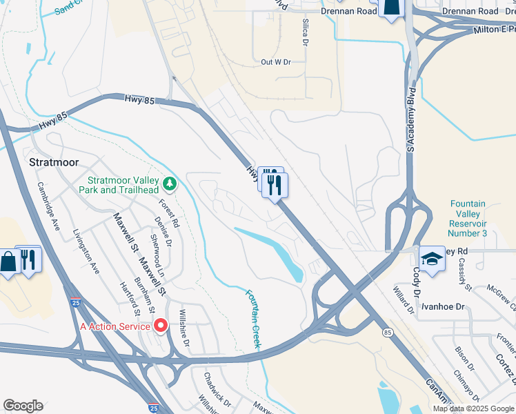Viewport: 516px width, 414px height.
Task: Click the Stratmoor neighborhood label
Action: pos(54,162)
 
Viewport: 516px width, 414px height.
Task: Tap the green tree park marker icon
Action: pos(170,185)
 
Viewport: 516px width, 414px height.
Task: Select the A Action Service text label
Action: pos(115,326)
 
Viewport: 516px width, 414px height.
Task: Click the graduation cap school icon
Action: pos(432,259)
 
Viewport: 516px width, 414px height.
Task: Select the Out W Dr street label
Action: pos(276,62)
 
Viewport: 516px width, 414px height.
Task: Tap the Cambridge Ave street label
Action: pos(49,206)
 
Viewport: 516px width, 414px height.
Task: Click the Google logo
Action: pos(23,406)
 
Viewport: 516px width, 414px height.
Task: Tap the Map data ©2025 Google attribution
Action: pos(474,408)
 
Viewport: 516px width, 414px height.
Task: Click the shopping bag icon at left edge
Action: pos(7,262)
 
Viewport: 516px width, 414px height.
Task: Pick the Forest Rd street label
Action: pos(170,213)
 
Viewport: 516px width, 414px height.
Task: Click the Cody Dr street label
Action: pos(417,283)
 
